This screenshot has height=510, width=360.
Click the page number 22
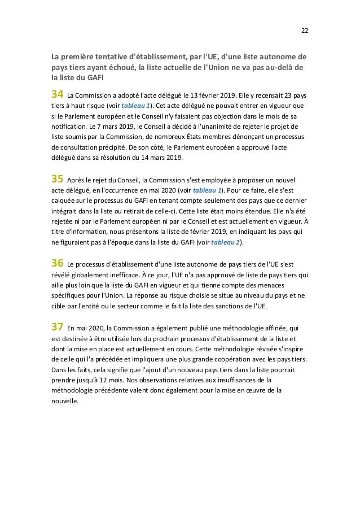click(304, 30)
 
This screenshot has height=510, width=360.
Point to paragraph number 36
click(57, 263)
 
